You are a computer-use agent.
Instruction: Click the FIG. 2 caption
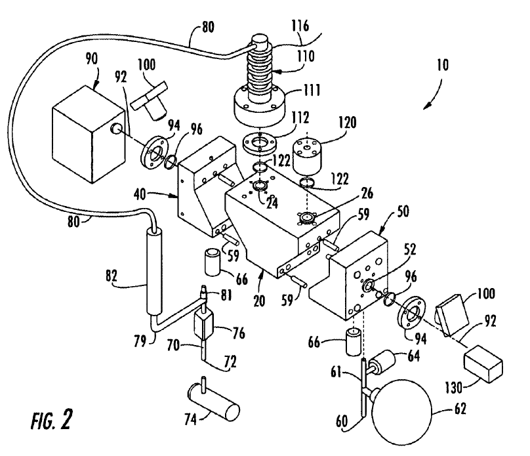[x=52, y=420]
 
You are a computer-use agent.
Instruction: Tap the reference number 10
[x=442, y=65]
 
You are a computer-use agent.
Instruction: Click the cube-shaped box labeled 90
[x=89, y=135]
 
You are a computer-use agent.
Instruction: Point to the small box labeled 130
[x=483, y=363]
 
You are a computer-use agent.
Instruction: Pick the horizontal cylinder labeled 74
[x=214, y=402]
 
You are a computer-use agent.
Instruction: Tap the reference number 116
[x=300, y=26]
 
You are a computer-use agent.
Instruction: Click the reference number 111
[x=311, y=91]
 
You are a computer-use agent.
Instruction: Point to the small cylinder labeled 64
[x=382, y=361]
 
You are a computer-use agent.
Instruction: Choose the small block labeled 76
[x=203, y=325]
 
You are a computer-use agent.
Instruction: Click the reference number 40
[x=140, y=195]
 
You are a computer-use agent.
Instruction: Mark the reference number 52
[x=409, y=250]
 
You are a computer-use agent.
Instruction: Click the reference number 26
[x=367, y=193]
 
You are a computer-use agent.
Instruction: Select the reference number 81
[x=226, y=295]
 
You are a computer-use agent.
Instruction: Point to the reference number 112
[x=300, y=118]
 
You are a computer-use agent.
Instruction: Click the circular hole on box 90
[x=116, y=128]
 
